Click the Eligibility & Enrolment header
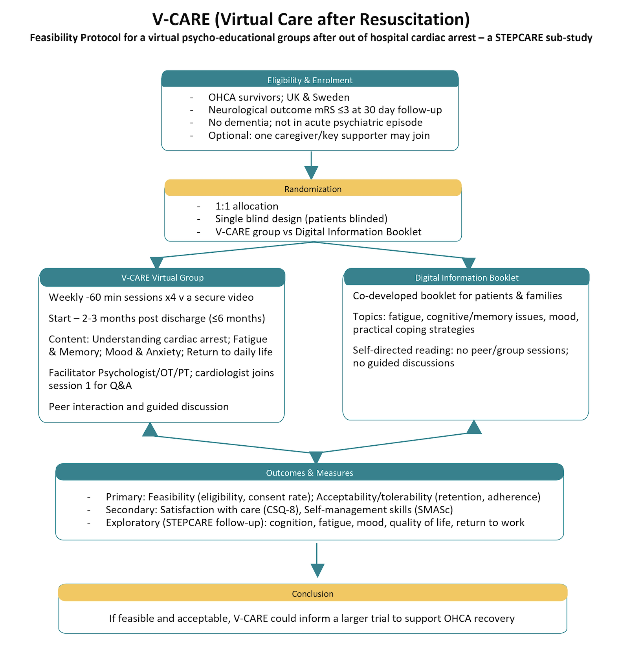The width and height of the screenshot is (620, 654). [310, 80]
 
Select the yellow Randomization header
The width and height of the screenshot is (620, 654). [313, 189]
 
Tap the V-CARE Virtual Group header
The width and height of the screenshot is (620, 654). [162, 277]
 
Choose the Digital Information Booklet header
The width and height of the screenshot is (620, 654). [466, 277]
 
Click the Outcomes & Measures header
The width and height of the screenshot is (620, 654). [310, 473]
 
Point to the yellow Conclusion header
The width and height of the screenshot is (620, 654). [312, 593]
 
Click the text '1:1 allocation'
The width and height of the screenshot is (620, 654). [247, 206]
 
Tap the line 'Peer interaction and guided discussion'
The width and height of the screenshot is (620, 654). [139, 406]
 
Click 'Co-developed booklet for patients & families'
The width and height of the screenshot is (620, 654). [457, 296]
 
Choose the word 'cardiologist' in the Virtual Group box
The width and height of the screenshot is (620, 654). [222, 373]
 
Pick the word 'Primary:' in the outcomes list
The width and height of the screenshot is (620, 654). [125, 497]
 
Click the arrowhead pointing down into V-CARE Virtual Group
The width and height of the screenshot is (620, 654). [156, 263]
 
